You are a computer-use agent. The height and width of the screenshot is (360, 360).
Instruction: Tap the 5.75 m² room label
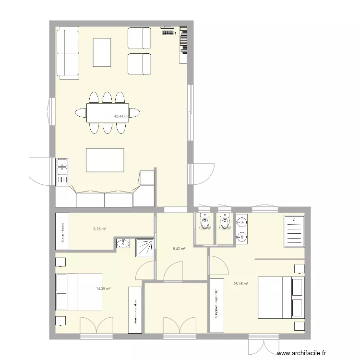(100, 229)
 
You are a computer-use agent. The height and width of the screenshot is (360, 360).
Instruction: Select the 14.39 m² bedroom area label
(103, 288)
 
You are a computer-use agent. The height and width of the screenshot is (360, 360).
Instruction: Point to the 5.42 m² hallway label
(179, 249)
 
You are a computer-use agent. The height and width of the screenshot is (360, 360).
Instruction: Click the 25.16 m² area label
(240, 284)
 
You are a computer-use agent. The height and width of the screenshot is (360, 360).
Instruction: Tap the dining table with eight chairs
(107, 113)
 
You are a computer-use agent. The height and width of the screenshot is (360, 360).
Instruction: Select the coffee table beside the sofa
(102, 52)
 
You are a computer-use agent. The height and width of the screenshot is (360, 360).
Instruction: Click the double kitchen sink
(62, 172)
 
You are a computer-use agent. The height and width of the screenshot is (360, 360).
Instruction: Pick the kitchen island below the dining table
(105, 160)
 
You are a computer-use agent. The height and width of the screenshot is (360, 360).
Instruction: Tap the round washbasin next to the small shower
(123, 244)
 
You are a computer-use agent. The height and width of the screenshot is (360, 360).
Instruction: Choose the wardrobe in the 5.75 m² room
(62, 232)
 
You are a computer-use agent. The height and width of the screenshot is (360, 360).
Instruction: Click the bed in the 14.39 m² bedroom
(79, 292)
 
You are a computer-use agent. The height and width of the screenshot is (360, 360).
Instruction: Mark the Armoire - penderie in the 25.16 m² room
(218, 305)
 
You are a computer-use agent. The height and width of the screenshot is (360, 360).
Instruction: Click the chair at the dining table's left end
(80, 113)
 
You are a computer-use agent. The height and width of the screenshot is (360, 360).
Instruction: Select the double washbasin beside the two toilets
(242, 229)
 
